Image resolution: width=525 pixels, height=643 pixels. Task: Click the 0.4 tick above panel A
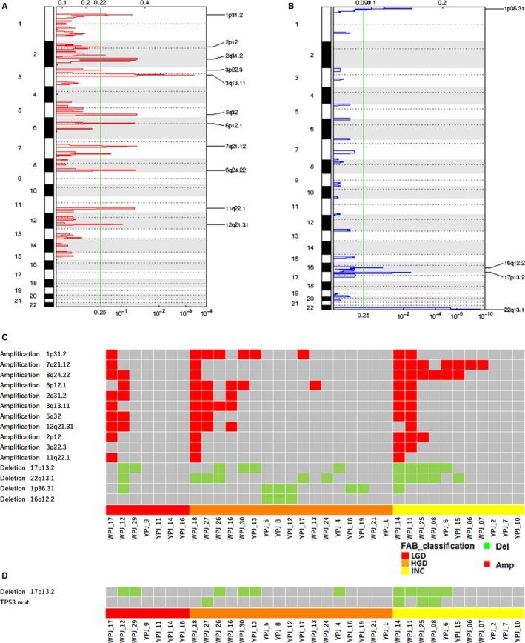point(145,4)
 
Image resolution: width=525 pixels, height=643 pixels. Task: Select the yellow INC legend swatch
point(404,571)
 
